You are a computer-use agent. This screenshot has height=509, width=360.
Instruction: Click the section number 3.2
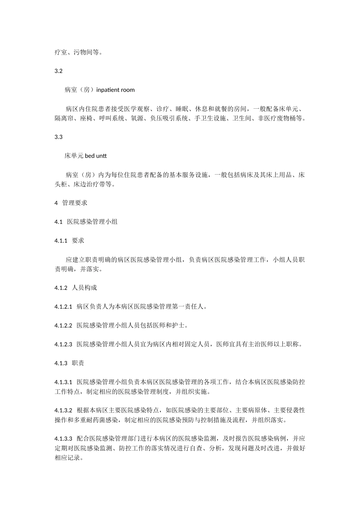[x=58, y=71]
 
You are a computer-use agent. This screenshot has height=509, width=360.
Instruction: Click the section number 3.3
[x=58, y=137]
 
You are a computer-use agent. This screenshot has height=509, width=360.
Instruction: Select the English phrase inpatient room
[x=116, y=90]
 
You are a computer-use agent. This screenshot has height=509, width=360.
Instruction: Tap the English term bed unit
[x=96, y=156]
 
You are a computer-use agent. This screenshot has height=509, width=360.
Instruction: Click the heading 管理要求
[x=75, y=203]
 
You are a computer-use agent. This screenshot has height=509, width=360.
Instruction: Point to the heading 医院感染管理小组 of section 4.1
[x=92, y=222]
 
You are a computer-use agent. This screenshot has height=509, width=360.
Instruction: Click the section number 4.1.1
[x=61, y=240]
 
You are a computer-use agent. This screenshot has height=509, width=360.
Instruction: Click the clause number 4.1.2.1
[x=63, y=306]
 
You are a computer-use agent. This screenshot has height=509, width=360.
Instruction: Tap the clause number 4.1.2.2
[x=63, y=325]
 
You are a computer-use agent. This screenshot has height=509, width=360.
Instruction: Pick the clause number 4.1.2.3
[x=63, y=344]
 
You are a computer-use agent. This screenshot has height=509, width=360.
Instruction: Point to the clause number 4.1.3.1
[x=63, y=382]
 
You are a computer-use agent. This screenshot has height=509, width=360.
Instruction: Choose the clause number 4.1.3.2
[x=63, y=410]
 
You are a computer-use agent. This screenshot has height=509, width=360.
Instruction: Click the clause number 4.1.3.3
[x=63, y=439]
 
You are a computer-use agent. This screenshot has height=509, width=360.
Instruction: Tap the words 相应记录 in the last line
[x=67, y=457]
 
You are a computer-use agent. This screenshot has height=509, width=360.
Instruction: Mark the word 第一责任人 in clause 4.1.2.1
[x=188, y=306]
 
